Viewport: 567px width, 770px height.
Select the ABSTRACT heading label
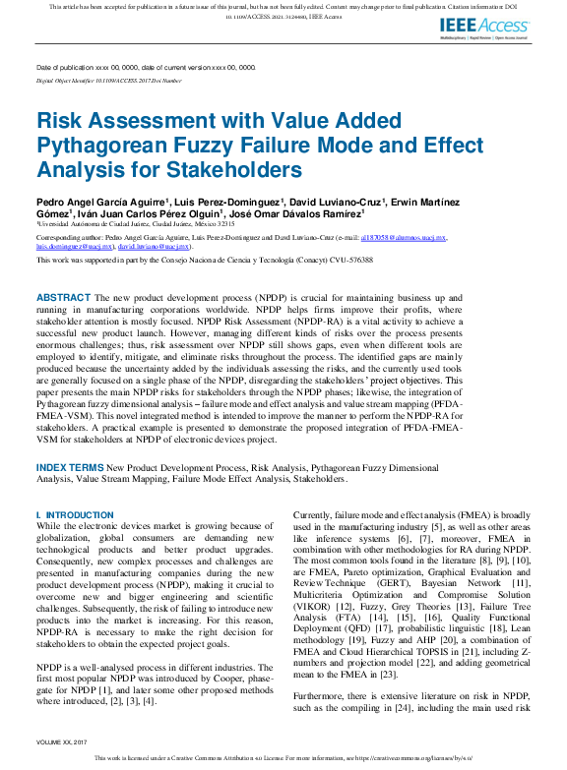pyautogui.click(x=64, y=297)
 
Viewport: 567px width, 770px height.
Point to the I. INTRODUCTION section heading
pyautogui.click(x=75, y=515)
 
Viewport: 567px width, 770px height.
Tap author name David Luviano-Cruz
pyautogui.click(x=334, y=202)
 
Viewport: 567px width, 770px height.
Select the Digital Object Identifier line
pyautogui.click(x=108, y=80)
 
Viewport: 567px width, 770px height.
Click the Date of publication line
pyautogui.click(x=146, y=68)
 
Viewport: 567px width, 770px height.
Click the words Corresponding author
pyautogui.click(x=67, y=238)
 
